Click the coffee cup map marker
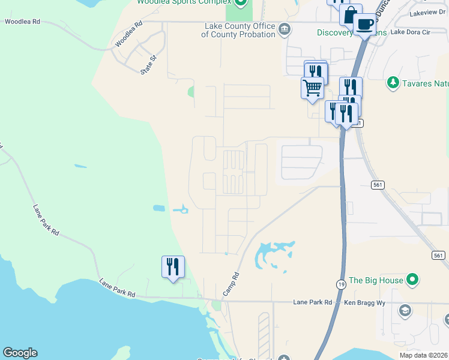(364, 25)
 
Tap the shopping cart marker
(312, 87)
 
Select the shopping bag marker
(350, 15)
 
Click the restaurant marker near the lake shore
(173, 266)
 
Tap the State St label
(148, 64)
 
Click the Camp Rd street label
(231, 284)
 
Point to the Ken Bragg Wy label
(364, 303)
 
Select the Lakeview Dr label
(427, 13)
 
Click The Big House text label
(376, 280)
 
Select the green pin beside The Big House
(412, 280)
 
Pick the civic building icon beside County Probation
(285, 29)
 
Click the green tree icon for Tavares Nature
(393, 82)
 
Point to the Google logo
(20, 353)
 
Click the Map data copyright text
(423, 355)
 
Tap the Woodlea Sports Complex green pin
(241, 2)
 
